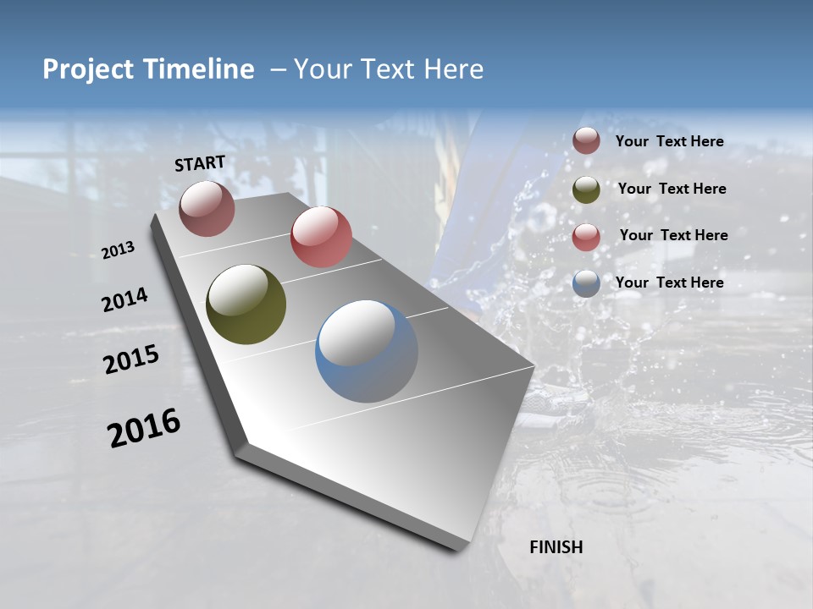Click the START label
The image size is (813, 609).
(x=200, y=163)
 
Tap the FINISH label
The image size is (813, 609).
(x=556, y=547)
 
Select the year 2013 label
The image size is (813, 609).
(x=118, y=250)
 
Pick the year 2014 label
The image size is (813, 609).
(x=124, y=300)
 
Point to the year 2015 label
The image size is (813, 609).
(x=130, y=359)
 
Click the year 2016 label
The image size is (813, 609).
(x=144, y=428)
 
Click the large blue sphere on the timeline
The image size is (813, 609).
(x=367, y=351)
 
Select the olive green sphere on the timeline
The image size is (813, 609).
(x=246, y=304)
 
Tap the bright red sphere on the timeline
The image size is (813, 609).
(x=321, y=237)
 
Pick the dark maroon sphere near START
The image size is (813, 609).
(x=207, y=208)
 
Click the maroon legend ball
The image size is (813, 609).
(x=586, y=141)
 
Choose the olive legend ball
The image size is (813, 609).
(x=586, y=189)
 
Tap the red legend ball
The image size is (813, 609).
(x=586, y=236)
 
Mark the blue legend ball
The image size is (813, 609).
(x=586, y=283)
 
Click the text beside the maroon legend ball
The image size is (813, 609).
(x=669, y=142)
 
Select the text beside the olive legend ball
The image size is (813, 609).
(x=672, y=189)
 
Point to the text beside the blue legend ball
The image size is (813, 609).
(x=669, y=283)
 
